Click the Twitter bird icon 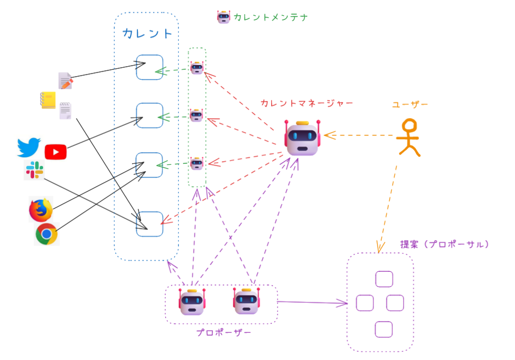point(28,147)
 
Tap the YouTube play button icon point(56,152)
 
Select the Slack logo point(34,171)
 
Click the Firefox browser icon point(41,210)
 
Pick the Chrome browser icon point(46,234)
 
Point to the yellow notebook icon point(48,100)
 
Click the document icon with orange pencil point(66,81)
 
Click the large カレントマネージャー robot point(302,137)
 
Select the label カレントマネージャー point(307,103)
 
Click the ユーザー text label point(410,104)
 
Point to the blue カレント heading point(147,34)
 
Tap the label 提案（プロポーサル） point(445,245)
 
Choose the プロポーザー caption point(223,333)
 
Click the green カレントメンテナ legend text point(270,17)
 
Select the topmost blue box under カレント point(149,67)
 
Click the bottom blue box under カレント point(149,224)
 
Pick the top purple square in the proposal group point(384,279)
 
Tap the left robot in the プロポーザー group point(191,302)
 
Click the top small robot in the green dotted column point(197,68)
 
